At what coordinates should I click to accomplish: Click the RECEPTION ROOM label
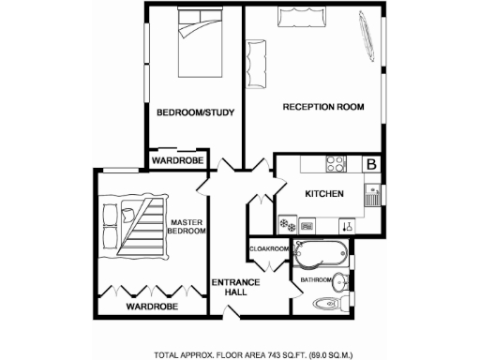coord(322,107)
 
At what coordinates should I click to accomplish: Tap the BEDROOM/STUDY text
coord(194,113)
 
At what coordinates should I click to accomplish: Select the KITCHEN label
coord(323,193)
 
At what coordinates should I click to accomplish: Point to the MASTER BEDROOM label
coord(187,226)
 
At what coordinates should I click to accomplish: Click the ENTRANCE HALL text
coord(230,287)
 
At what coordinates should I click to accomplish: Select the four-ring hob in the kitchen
coord(334,166)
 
